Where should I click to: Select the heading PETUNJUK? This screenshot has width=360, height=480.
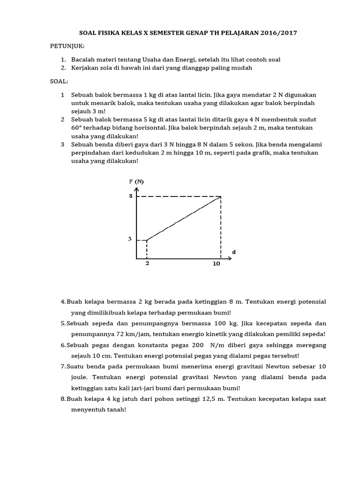pos(66,47)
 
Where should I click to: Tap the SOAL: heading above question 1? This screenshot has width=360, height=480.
pos(59,82)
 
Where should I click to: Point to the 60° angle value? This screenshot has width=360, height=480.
pos(78,128)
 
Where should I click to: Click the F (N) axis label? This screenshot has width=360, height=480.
pos(137,181)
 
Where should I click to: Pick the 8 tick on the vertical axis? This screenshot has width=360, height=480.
pos(131,196)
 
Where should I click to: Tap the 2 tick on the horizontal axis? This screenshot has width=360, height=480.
pos(147,264)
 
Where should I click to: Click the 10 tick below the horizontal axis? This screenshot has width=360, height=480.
pos(216,264)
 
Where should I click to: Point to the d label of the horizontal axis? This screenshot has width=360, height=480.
pos(234,252)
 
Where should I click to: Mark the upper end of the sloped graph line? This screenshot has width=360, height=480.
pos(220,197)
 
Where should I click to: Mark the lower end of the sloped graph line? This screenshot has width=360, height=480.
pos(147,240)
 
